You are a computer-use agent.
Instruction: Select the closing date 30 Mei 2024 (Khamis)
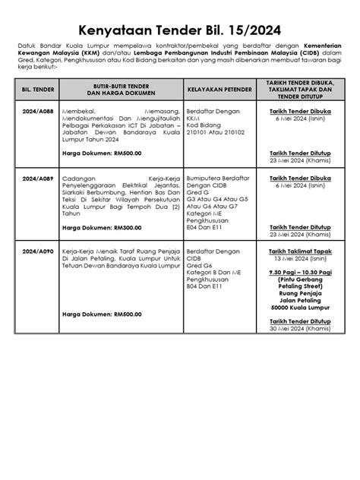tap(299, 329)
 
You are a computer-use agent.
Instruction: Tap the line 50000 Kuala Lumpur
tap(299, 307)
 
